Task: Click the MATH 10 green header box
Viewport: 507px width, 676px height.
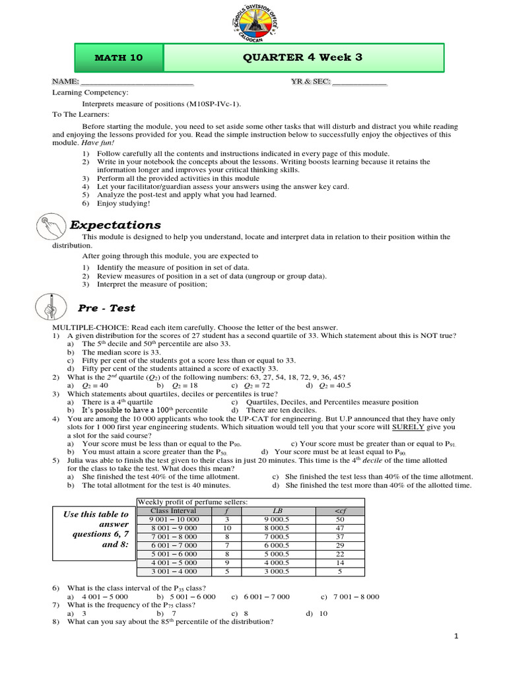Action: [119, 57]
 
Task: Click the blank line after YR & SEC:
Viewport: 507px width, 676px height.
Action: [360, 82]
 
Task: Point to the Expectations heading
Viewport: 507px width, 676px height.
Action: [116, 225]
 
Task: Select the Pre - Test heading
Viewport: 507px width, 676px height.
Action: [106, 308]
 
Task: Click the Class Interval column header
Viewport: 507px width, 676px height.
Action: [169, 510]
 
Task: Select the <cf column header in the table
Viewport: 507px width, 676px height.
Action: [340, 510]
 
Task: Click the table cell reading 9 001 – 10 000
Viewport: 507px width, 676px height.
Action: [169, 520]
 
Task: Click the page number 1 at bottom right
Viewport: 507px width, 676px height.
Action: [456, 636]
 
